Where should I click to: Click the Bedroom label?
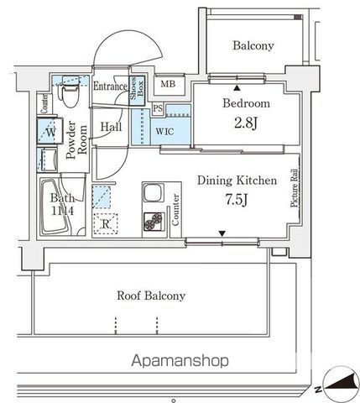pos(246,103)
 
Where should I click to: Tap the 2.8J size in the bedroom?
pos(246,123)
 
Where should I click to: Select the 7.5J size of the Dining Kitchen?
pos(237,200)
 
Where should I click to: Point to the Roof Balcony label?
pos(151,296)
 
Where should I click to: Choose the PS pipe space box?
pos(158,108)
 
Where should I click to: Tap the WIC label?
pos(164,131)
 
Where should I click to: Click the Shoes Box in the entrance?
pos(137,91)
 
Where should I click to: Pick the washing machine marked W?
pos(50,131)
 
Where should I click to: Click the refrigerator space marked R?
pos(106,224)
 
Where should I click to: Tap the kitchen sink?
pos(153,193)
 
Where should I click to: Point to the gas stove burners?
pos(154,222)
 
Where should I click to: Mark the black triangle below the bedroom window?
pos(237,88)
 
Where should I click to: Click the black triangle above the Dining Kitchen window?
pos(222,233)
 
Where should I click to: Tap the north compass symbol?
pos(341,385)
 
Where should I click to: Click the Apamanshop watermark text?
pos(180,360)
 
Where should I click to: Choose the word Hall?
pos(111,127)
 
